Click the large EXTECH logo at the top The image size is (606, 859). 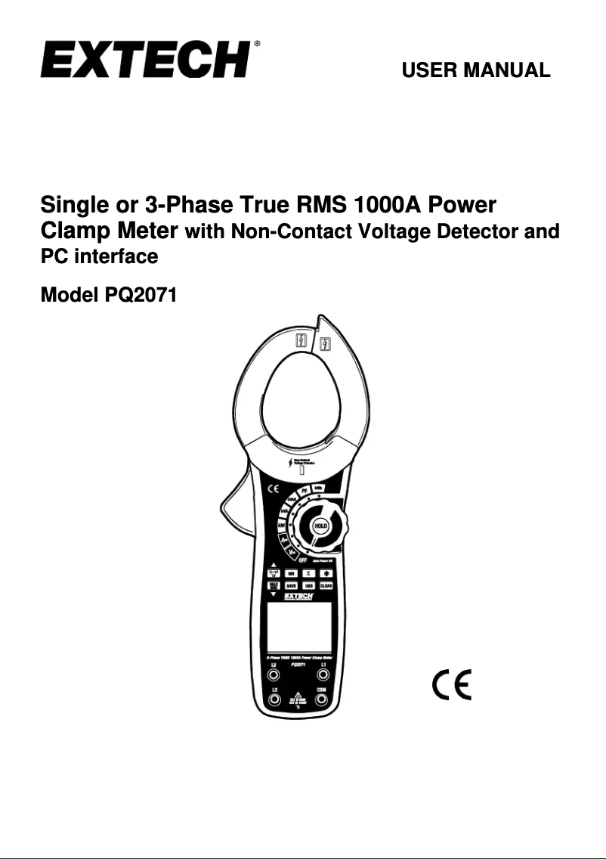(146, 60)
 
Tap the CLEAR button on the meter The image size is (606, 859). (326, 585)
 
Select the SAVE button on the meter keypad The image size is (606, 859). (291, 585)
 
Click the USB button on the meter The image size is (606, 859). (309, 585)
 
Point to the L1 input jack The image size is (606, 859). (323, 675)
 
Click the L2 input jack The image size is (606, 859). (274, 675)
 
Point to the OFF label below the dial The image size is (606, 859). (302, 560)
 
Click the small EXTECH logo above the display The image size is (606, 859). (298, 597)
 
